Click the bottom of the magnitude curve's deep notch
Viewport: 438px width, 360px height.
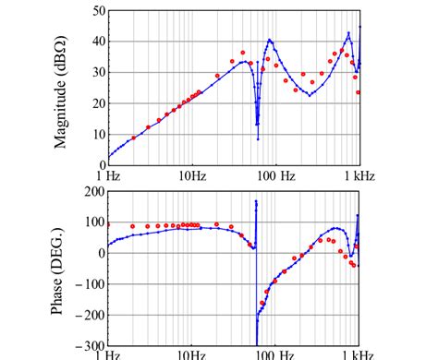(x=258, y=138)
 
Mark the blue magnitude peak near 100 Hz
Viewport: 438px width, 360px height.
(x=270, y=40)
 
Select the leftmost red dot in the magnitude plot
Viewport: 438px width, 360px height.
(x=133, y=138)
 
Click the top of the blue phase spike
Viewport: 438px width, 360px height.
(x=256, y=201)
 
